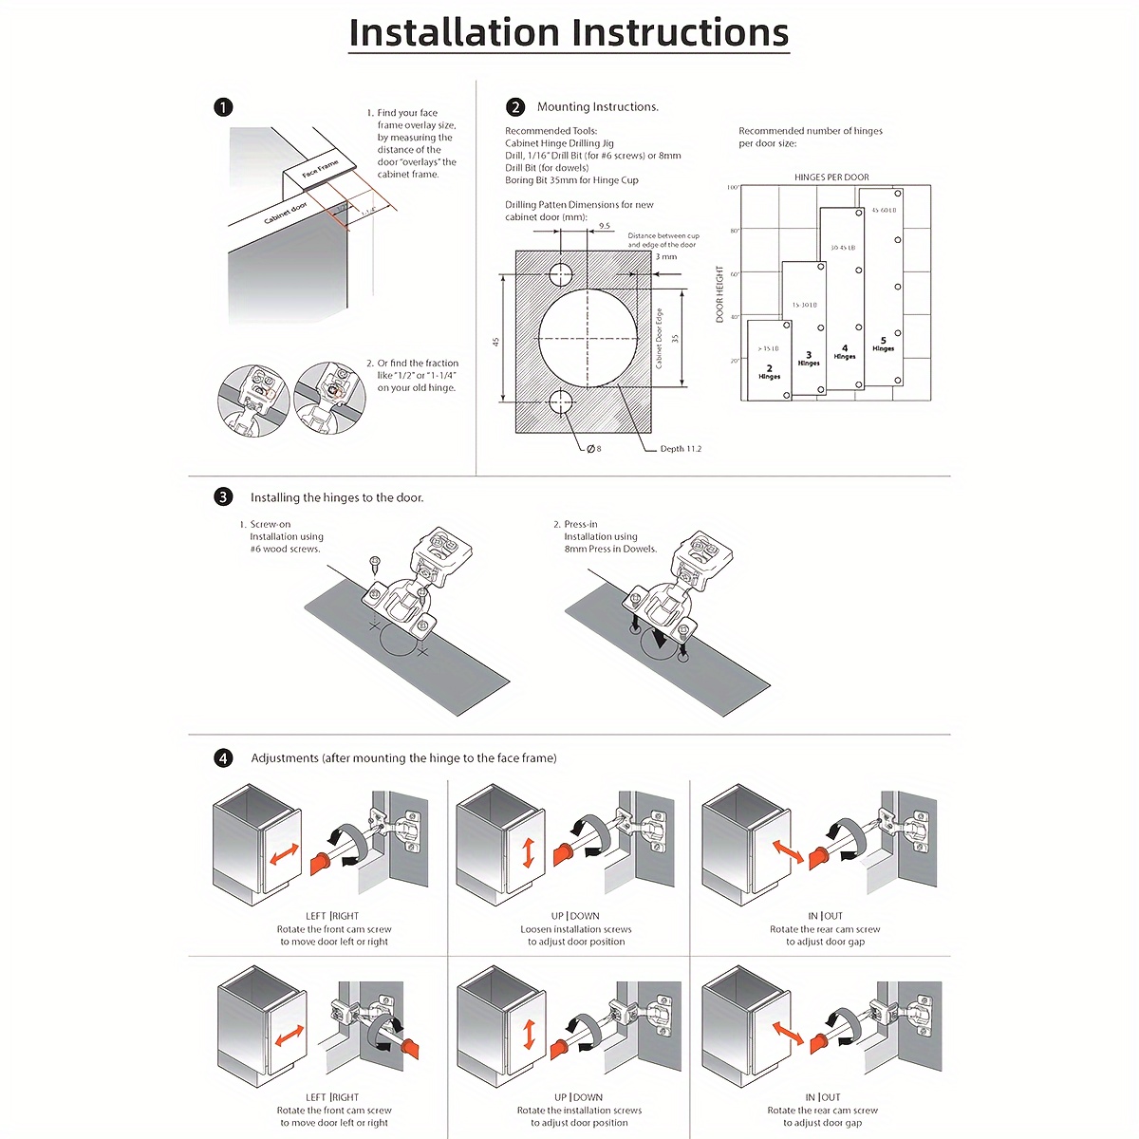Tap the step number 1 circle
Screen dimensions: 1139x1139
[223, 107]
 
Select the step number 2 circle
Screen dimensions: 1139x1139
[515, 107]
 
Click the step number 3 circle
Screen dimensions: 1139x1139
[223, 496]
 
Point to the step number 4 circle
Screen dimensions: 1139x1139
[223, 757]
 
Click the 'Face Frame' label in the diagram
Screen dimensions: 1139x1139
[320, 169]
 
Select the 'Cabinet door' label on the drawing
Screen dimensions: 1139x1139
[286, 214]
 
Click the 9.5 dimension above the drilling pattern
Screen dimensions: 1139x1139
[605, 226]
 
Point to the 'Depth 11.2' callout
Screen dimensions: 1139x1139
[681, 449]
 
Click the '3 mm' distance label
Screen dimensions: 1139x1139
[666, 257]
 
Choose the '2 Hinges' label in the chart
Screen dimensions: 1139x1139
[770, 371]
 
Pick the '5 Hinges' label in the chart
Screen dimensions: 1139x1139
[884, 344]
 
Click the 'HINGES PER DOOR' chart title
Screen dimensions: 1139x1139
[831, 177]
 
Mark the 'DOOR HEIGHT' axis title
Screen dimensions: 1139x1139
[720, 293]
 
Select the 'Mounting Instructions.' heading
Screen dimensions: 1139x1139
[598, 107]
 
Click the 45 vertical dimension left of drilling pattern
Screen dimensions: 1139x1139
[495, 341]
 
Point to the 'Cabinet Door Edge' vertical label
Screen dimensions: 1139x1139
[659, 338]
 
